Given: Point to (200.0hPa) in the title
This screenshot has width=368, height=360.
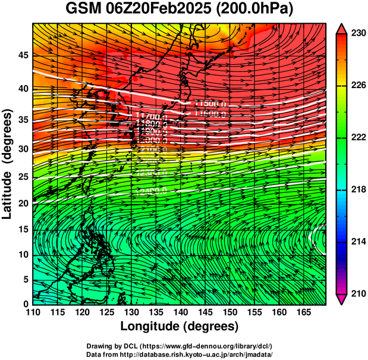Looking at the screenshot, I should point(257,9).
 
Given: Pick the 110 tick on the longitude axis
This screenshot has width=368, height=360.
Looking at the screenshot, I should point(33,313).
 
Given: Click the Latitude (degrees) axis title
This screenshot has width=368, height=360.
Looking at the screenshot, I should point(8,162).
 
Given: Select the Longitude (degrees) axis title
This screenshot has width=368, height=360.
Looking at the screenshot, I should point(179,327).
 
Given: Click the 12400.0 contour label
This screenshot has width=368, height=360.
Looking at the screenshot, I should point(151,192).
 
